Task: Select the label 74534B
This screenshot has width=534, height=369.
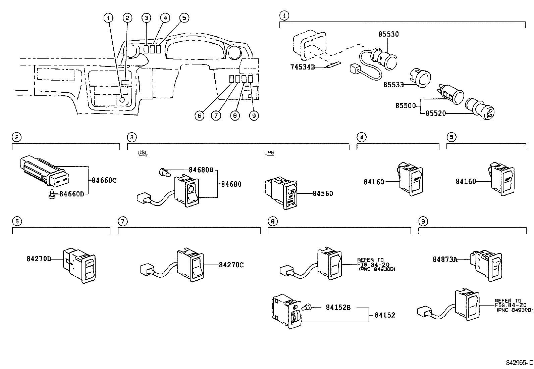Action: (302, 67)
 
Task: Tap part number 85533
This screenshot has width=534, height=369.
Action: (393, 85)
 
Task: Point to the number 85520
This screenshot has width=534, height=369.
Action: (436, 113)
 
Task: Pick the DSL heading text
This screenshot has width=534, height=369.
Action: (143, 153)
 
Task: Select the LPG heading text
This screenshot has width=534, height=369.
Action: (269, 153)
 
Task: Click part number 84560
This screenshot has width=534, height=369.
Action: (323, 193)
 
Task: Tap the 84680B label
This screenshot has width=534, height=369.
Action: (201, 170)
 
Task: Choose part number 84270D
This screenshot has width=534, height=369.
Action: (39, 259)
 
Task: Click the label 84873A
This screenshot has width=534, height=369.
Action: (445, 259)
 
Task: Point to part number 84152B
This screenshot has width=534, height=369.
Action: (338, 307)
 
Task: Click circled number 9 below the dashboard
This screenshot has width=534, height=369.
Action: (254, 116)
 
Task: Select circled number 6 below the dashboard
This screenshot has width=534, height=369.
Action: (199, 116)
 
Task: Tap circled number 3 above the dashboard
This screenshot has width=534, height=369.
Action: (146, 18)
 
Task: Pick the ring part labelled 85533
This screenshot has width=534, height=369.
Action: (421, 78)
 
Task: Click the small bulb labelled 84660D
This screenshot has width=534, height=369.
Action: (52, 194)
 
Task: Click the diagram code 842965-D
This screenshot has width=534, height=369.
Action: (519, 363)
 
